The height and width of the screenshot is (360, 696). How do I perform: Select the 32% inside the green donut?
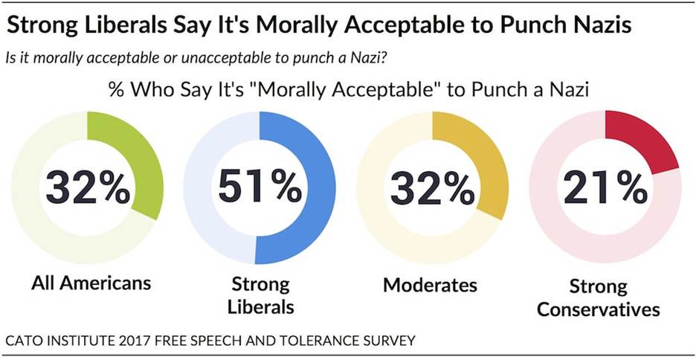[87, 187]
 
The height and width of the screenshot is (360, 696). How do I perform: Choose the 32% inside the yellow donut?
[432, 187]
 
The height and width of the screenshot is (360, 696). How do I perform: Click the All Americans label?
[91, 283]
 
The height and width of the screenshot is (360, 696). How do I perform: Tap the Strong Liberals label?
[259, 295]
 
